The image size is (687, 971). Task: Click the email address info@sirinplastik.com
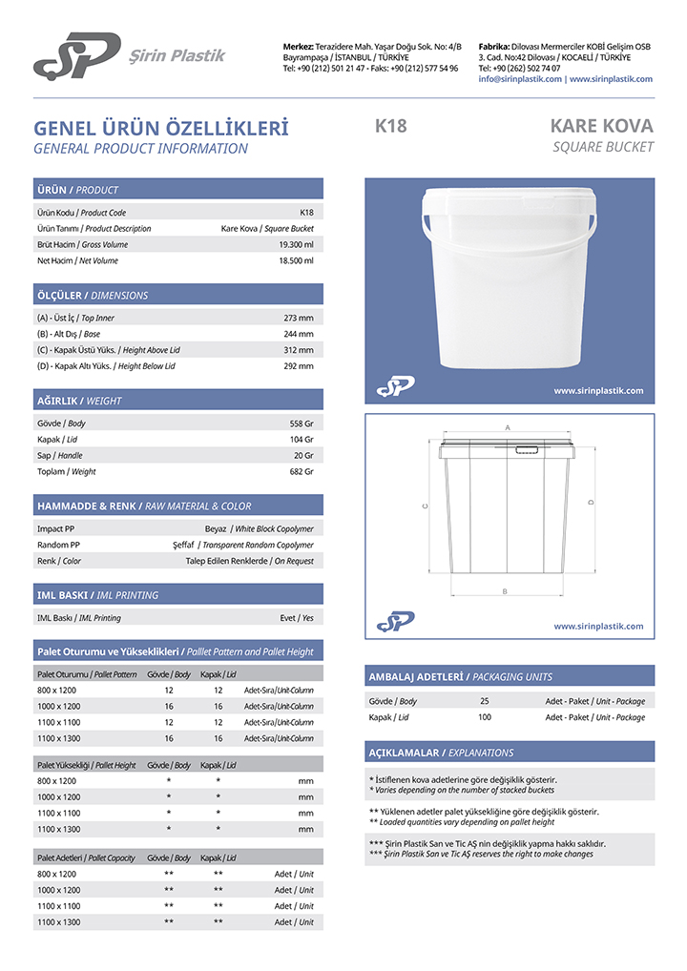[520, 79]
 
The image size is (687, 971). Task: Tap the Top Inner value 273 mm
[299, 318]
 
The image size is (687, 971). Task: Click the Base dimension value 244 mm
[299, 334]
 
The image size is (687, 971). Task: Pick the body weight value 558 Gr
[302, 423]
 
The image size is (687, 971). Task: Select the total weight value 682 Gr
[302, 471]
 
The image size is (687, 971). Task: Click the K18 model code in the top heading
[391, 126]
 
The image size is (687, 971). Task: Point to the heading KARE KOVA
[601, 126]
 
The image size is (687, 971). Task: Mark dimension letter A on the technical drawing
[509, 427]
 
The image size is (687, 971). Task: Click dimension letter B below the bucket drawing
[504, 592]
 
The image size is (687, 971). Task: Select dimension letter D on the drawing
[592, 502]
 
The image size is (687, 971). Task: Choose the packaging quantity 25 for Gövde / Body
[485, 701]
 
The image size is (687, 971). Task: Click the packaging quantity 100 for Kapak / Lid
[485, 717]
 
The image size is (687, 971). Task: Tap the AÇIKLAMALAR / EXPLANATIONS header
[441, 753]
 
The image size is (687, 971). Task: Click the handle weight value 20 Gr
[303, 455]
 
